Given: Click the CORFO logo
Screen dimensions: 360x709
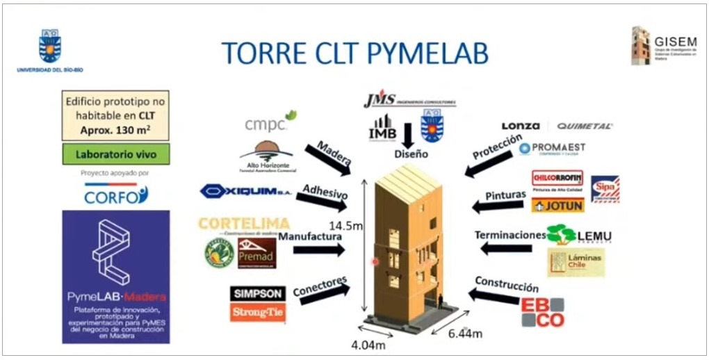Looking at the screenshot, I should pyautogui.click(x=116, y=195).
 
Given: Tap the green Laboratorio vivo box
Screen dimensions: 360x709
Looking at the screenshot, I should pyautogui.click(x=115, y=154).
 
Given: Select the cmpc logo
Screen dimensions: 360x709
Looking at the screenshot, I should pyautogui.click(x=270, y=122).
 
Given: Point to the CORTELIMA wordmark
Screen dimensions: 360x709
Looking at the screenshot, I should pyautogui.click(x=243, y=224).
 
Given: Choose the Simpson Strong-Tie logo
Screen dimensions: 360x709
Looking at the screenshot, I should pyautogui.click(x=257, y=303).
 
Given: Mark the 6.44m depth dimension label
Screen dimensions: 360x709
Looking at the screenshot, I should pyautogui.click(x=465, y=334).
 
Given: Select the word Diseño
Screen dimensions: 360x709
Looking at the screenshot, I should pyautogui.click(x=411, y=154).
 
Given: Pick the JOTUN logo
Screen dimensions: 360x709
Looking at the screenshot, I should pyautogui.click(x=557, y=205).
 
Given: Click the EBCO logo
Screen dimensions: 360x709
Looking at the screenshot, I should pyautogui.click(x=543, y=312).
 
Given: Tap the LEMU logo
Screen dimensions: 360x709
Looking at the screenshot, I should pyautogui.click(x=579, y=234).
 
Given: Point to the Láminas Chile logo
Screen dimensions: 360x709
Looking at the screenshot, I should pyautogui.click(x=576, y=262).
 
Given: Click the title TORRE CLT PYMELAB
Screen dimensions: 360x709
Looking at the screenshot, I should pyautogui.click(x=354, y=53).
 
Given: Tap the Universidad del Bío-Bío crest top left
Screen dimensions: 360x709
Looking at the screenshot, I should pyautogui.click(x=50, y=46).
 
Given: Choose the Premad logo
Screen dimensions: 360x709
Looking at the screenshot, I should pyautogui.click(x=256, y=252).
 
